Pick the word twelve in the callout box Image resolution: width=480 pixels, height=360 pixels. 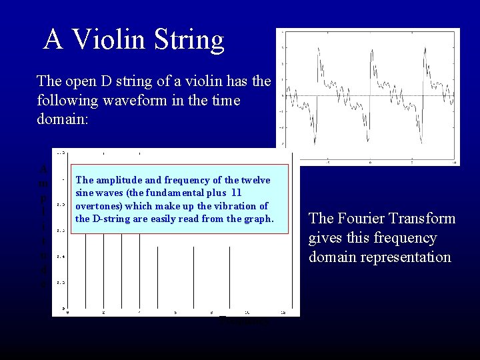pyautogui.click(x=256, y=180)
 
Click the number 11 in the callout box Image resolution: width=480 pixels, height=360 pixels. pyautogui.click(x=236, y=193)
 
